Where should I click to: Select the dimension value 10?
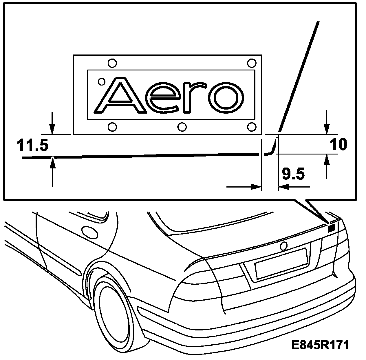(x=338, y=145)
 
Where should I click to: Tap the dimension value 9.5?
(x=293, y=174)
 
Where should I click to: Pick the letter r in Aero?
(x=195, y=97)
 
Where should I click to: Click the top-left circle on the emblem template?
(x=112, y=63)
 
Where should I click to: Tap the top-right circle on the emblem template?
(x=252, y=63)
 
